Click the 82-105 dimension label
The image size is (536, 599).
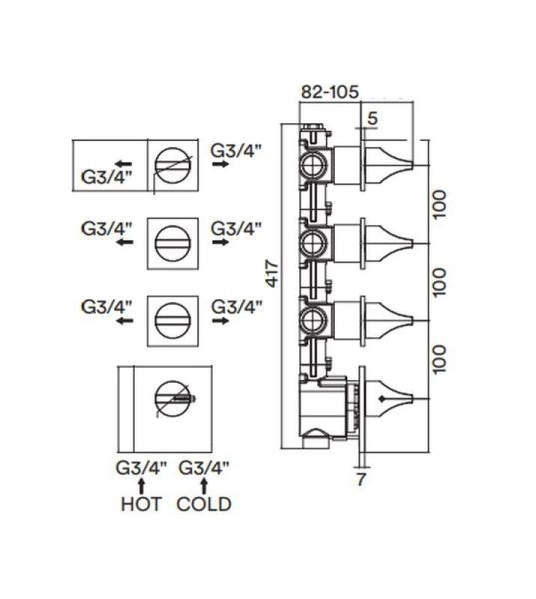click(330, 92)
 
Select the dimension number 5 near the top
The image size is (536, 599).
click(372, 118)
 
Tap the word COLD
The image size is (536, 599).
click(204, 504)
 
